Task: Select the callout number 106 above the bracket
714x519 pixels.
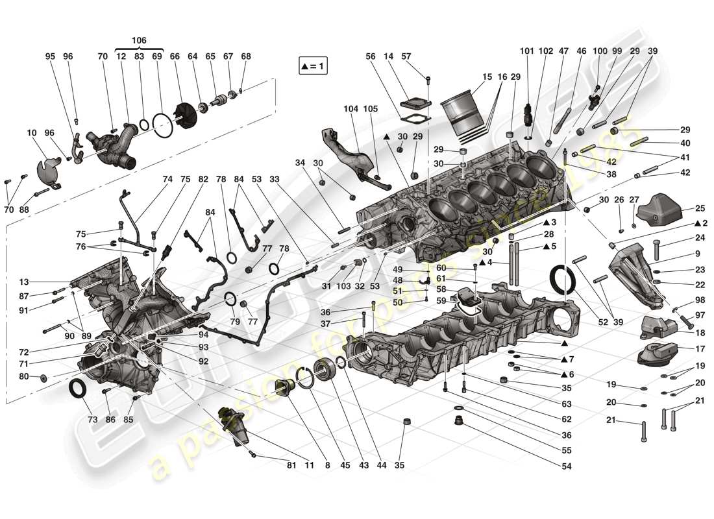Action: (138, 40)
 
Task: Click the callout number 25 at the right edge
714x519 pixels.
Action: (700, 208)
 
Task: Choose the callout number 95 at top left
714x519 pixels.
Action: (50, 56)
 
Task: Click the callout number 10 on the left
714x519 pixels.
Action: (31, 133)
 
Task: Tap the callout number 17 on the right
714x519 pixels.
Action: (700, 349)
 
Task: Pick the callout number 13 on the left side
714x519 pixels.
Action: (24, 282)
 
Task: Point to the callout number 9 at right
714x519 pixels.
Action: (697, 254)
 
